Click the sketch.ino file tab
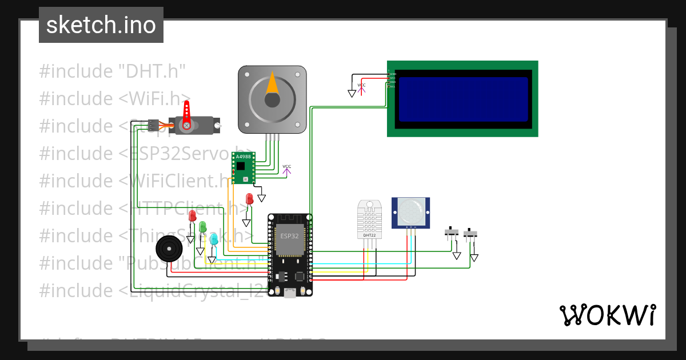pyautogui.click(x=101, y=25)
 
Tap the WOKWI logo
pyautogui.click(x=607, y=315)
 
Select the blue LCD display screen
pyautogui.click(x=463, y=99)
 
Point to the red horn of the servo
pyautogui.click(x=186, y=114)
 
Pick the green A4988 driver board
pyautogui.click(x=244, y=167)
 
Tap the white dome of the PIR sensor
pyautogui.click(x=410, y=211)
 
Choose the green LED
pyautogui.click(x=203, y=227)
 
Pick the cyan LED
pyautogui.click(x=214, y=239)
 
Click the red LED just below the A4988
pyautogui.click(x=249, y=199)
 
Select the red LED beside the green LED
pyautogui.click(x=192, y=216)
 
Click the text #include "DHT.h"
pyautogui.click(x=113, y=71)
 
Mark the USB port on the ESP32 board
pyautogui.click(x=290, y=293)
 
